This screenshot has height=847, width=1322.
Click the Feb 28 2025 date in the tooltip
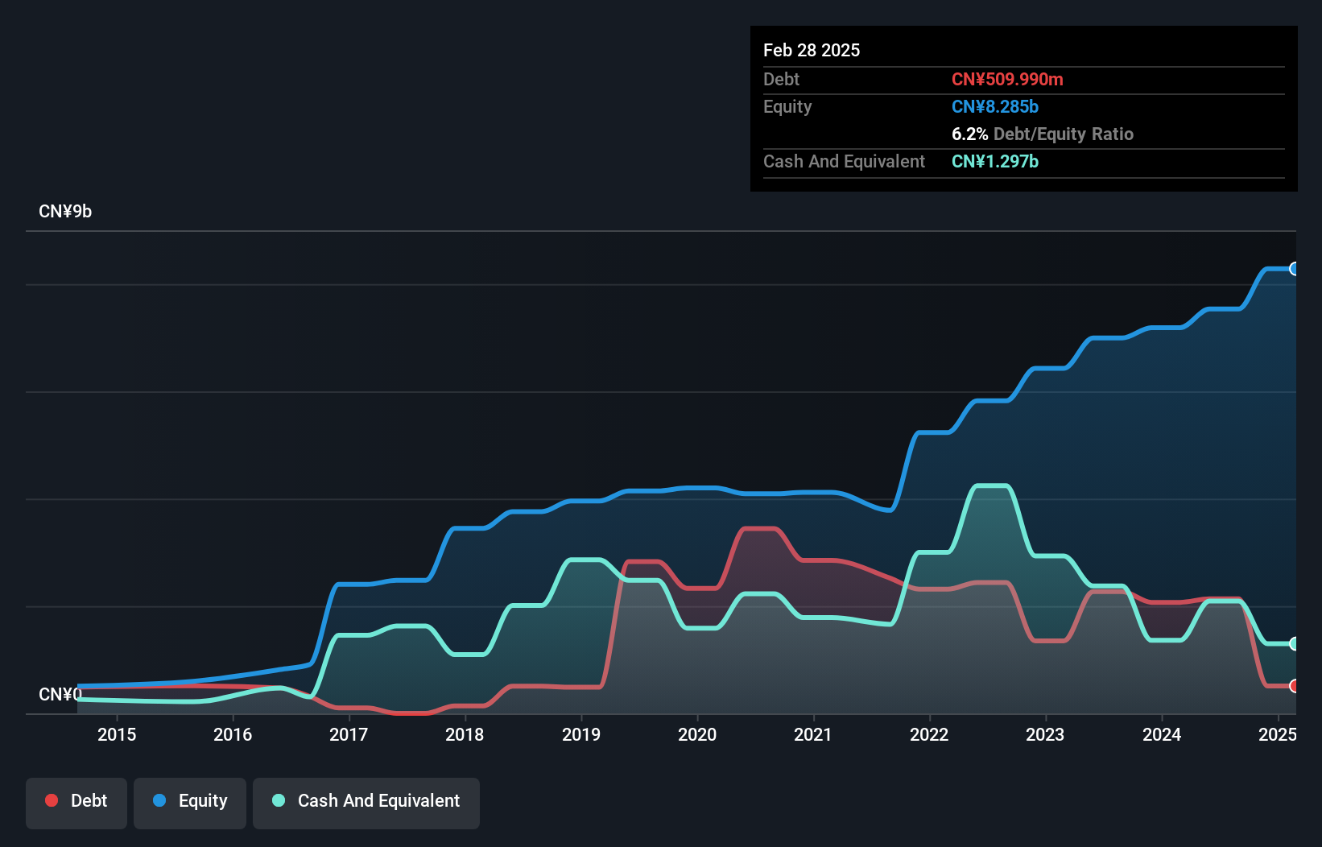[x=811, y=50]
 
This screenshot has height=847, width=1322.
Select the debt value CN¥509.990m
[x=1006, y=79]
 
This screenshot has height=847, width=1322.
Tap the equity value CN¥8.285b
[x=994, y=106]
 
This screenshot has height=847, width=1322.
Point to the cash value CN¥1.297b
[x=994, y=161]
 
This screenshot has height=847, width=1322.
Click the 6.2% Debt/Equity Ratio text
[x=1042, y=134]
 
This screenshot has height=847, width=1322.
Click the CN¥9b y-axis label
[x=65, y=211]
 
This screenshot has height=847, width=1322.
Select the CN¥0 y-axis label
[x=60, y=694]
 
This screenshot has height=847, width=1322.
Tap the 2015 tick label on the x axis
[x=117, y=734]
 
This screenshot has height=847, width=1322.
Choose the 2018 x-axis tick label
[x=465, y=734]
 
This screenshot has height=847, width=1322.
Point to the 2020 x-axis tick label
[x=696, y=734]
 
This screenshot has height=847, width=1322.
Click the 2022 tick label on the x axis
[x=929, y=734]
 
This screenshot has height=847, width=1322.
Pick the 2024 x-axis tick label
[x=1161, y=734]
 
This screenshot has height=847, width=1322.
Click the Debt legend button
[x=76, y=801]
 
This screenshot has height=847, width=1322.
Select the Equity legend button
[x=190, y=801]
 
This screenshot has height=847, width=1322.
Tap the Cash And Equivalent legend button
[x=366, y=801]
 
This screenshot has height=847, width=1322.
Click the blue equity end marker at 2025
[x=1294, y=269]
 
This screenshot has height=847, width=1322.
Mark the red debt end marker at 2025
[x=1294, y=686]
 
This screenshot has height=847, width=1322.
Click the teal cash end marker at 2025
[x=1294, y=643]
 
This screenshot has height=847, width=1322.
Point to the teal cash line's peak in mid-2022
[x=991, y=485]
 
